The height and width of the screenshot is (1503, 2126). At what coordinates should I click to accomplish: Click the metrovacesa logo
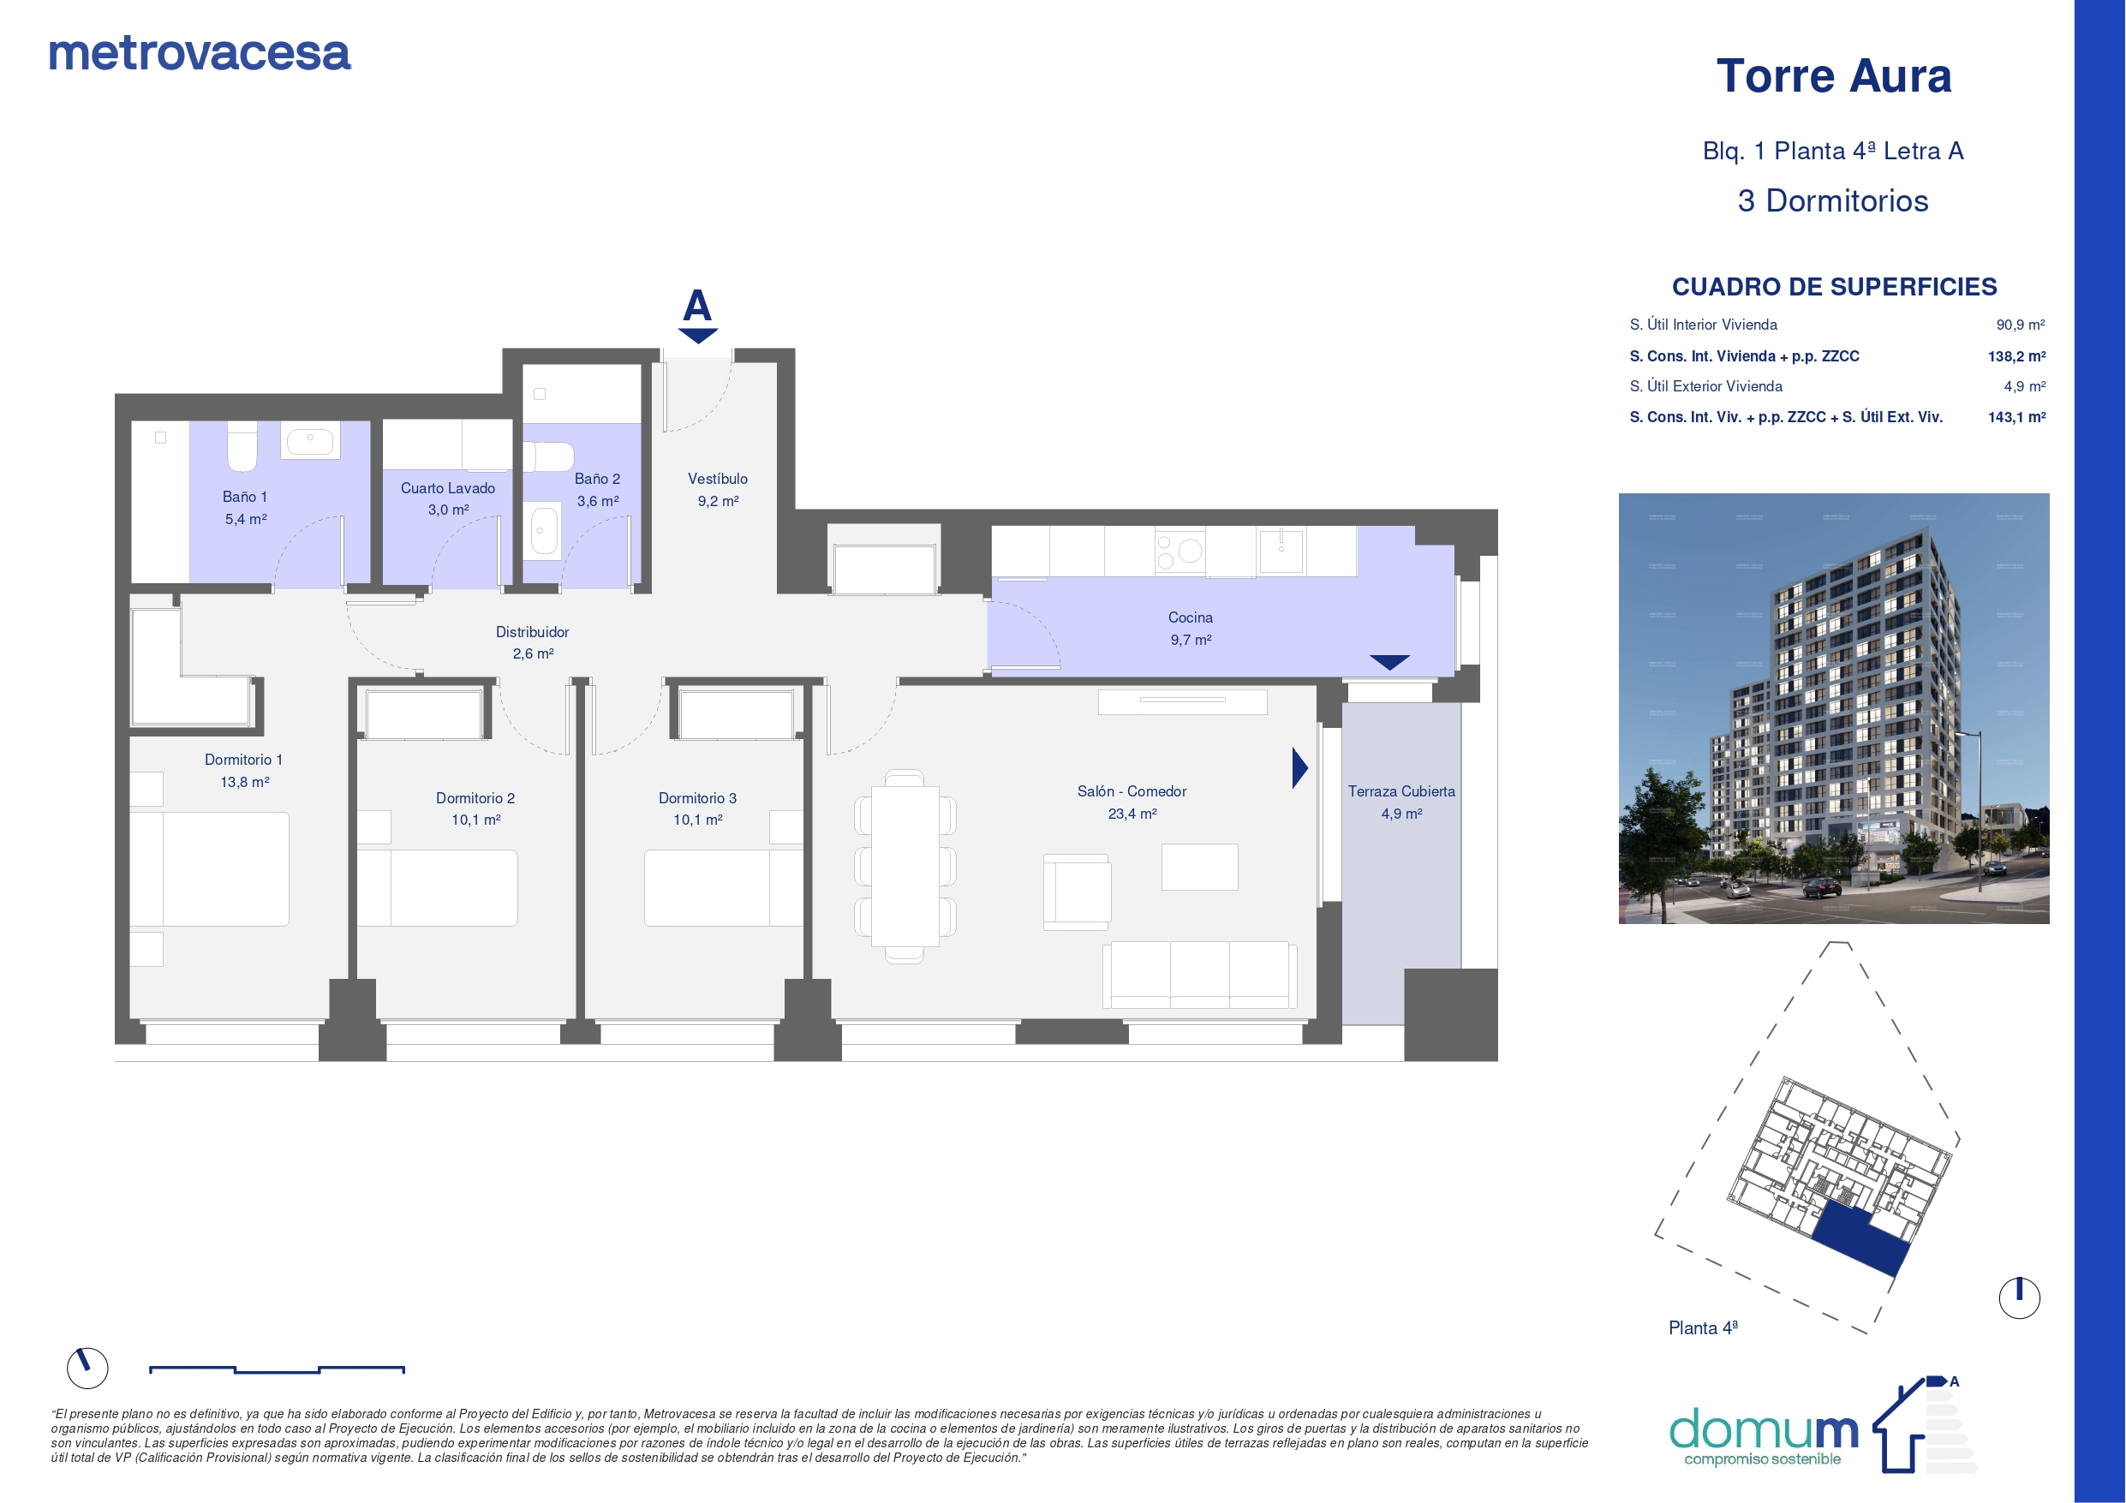pos(199,54)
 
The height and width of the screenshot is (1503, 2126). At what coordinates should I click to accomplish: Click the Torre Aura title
pos(1833,76)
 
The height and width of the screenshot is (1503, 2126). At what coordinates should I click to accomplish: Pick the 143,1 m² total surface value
pos(2016,418)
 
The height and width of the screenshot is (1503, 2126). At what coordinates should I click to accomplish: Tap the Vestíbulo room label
pos(718,479)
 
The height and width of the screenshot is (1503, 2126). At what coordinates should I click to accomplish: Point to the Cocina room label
pos(1190,617)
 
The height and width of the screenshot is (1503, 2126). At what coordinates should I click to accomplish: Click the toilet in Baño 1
pos(242,446)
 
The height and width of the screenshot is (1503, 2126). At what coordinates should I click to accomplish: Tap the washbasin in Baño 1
pos(310,441)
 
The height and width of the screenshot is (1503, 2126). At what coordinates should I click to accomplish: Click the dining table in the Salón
pos(905,866)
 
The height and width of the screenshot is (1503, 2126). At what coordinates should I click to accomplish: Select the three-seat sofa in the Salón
pos(1199,975)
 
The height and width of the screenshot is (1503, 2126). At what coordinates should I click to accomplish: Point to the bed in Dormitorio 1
pos(209,868)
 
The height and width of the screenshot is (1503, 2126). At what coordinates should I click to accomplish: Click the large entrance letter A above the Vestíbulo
pos(697,305)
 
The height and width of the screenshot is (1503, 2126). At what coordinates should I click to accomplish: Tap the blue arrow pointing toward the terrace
pos(1300,767)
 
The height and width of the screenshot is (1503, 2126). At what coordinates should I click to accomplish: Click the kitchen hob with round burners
pos(1179,552)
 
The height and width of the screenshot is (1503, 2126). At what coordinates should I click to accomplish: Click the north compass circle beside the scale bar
pos(87,1368)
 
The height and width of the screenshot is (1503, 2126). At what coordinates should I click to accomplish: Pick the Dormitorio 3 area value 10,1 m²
pos(697,820)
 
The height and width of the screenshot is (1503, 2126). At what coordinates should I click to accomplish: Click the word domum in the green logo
pos(1763,1428)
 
